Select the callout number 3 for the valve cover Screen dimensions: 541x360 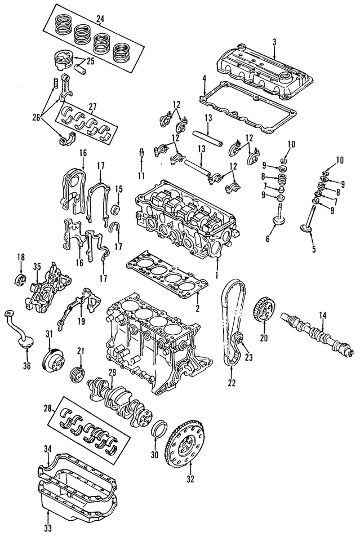(x=274, y=42)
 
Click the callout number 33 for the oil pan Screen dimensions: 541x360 (x=47, y=527)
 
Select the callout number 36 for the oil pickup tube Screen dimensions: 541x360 (x=26, y=365)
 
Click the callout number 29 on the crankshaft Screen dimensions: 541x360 (x=112, y=372)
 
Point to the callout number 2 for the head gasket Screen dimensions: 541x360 (x=197, y=308)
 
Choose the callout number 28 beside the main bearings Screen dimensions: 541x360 (x=48, y=407)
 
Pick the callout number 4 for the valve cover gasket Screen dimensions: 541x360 (x=204, y=77)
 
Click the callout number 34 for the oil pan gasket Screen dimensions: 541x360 (x=47, y=448)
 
